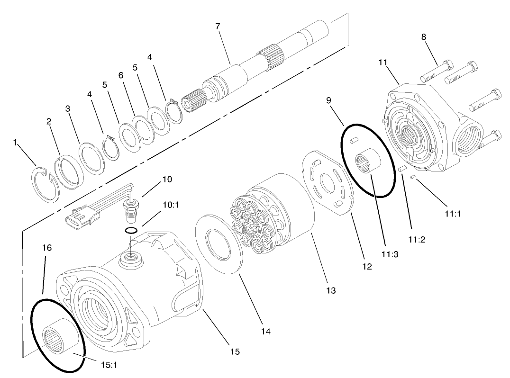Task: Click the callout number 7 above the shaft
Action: [x=218, y=26]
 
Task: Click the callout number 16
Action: [x=47, y=248]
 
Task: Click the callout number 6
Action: [x=121, y=76]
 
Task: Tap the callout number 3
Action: [x=68, y=108]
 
